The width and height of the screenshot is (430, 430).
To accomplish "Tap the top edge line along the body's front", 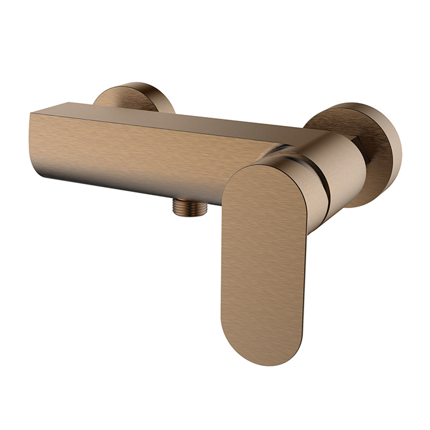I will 159,127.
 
